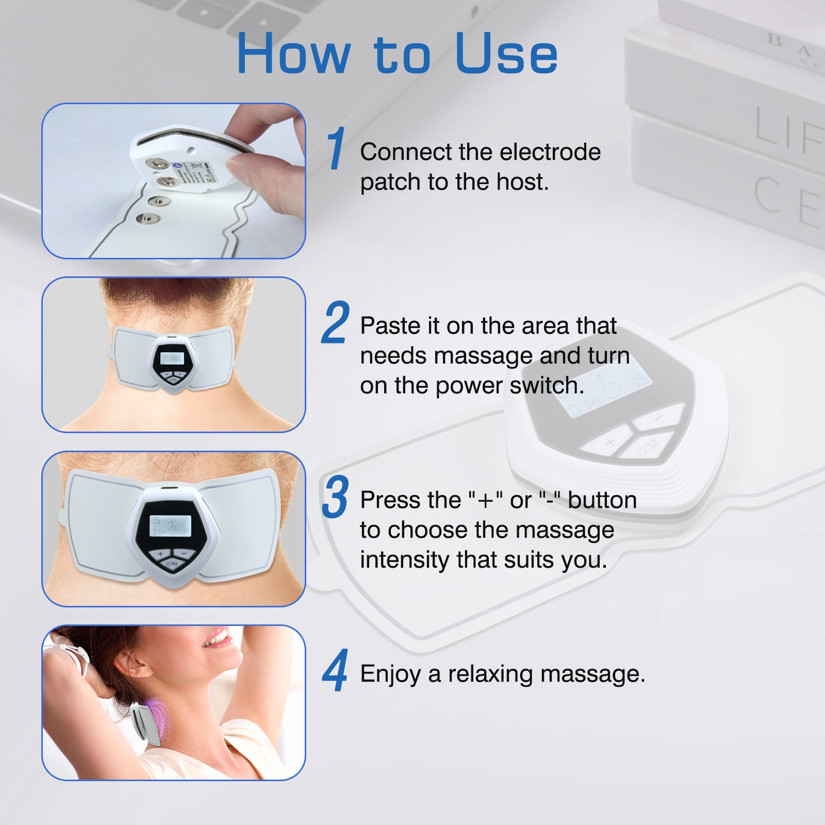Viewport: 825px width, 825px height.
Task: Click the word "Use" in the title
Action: (506, 54)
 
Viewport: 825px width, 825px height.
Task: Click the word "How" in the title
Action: (294, 54)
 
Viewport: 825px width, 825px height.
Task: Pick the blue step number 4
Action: (335, 671)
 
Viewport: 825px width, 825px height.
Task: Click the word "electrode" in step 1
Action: (550, 152)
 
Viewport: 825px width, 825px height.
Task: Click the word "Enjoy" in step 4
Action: (390, 674)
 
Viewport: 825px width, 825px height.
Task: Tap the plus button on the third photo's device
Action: (160, 554)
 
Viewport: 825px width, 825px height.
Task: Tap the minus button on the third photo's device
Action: (184, 554)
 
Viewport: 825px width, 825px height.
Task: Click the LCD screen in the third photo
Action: (171, 525)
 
